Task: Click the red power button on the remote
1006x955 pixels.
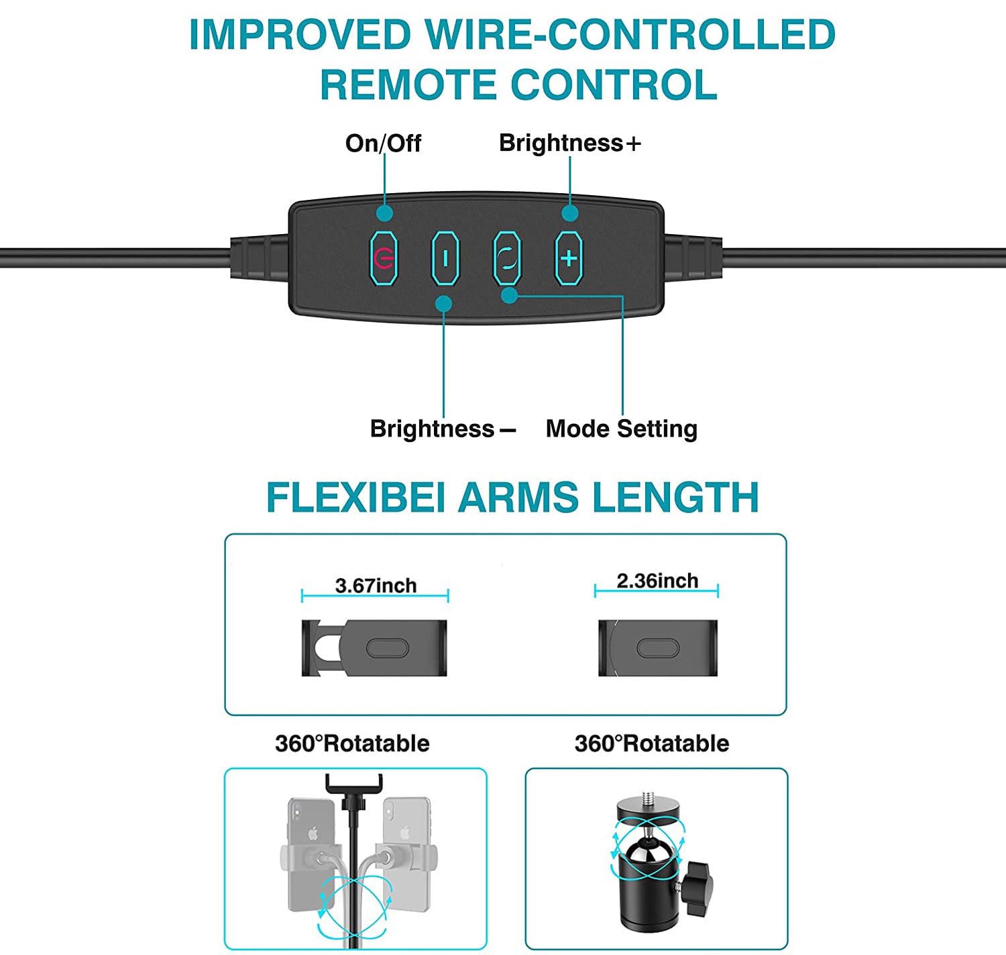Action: click(384, 258)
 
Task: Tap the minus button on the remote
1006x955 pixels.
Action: click(445, 258)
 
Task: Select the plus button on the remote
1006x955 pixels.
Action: click(569, 258)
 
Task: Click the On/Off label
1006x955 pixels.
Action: click(383, 143)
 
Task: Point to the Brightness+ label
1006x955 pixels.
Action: click(569, 143)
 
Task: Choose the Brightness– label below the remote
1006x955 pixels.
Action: click(443, 429)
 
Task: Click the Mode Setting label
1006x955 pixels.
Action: click(621, 429)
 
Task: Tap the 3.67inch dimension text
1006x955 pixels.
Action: click(376, 585)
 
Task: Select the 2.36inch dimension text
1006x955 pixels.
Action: click(657, 581)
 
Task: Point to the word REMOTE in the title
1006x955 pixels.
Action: click(408, 85)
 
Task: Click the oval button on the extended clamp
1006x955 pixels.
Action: click(388, 649)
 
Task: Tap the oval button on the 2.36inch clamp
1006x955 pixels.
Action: click(658, 648)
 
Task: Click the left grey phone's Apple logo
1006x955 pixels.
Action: click(313, 834)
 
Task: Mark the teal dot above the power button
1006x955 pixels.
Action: click(384, 213)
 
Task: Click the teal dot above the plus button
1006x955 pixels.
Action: click(570, 213)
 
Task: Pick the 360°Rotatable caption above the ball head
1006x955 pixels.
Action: click(651, 743)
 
